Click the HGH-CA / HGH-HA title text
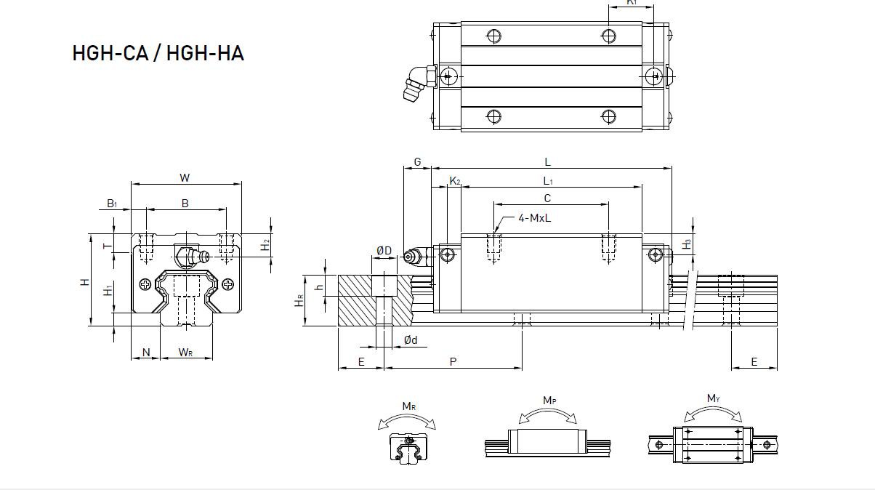[158, 53]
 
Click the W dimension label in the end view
[185, 178]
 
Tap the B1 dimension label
[112, 203]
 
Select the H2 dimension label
[266, 245]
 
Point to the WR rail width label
[185, 352]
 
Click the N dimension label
[146, 353]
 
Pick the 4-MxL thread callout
[535, 218]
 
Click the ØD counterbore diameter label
[384, 251]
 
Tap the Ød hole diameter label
[411, 340]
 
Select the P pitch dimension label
[453, 362]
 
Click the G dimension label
[418, 162]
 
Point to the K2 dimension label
[455, 181]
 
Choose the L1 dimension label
[548, 181]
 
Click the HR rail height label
[299, 301]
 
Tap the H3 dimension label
[687, 244]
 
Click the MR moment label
[409, 406]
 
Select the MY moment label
[713, 398]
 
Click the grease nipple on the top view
[419, 83]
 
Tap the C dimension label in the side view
[547, 198]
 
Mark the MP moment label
[549, 401]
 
